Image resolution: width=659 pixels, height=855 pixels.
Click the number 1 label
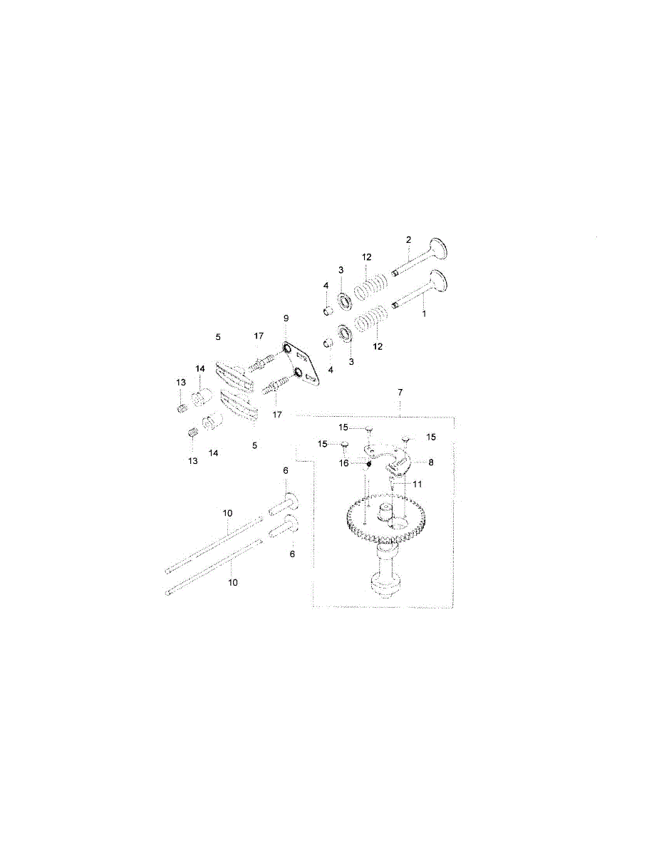click(x=424, y=314)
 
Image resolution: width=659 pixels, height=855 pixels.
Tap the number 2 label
click(x=408, y=239)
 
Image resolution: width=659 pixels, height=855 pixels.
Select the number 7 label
click(x=400, y=393)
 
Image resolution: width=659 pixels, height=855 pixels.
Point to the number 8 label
click(x=431, y=462)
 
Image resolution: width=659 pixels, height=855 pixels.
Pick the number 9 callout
click(x=286, y=318)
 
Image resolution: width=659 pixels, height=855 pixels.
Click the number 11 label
click(x=417, y=484)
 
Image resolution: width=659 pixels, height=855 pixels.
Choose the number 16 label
click(x=344, y=464)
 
